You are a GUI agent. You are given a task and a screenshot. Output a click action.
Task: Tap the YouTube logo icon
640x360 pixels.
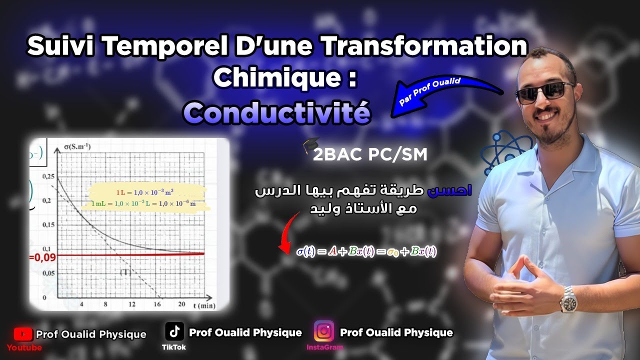click(23, 334)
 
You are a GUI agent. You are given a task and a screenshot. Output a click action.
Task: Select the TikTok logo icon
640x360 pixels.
click(174, 331)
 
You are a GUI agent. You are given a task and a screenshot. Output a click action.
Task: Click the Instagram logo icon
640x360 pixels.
click(323, 331)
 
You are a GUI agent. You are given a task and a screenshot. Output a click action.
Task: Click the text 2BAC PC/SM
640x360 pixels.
click(370, 155)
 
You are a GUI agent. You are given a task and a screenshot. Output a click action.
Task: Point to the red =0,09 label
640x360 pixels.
click(42, 257)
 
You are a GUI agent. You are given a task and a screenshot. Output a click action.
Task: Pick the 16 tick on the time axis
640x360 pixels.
click(157, 304)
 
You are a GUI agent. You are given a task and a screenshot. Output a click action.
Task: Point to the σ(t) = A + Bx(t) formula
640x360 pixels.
click(366, 251)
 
